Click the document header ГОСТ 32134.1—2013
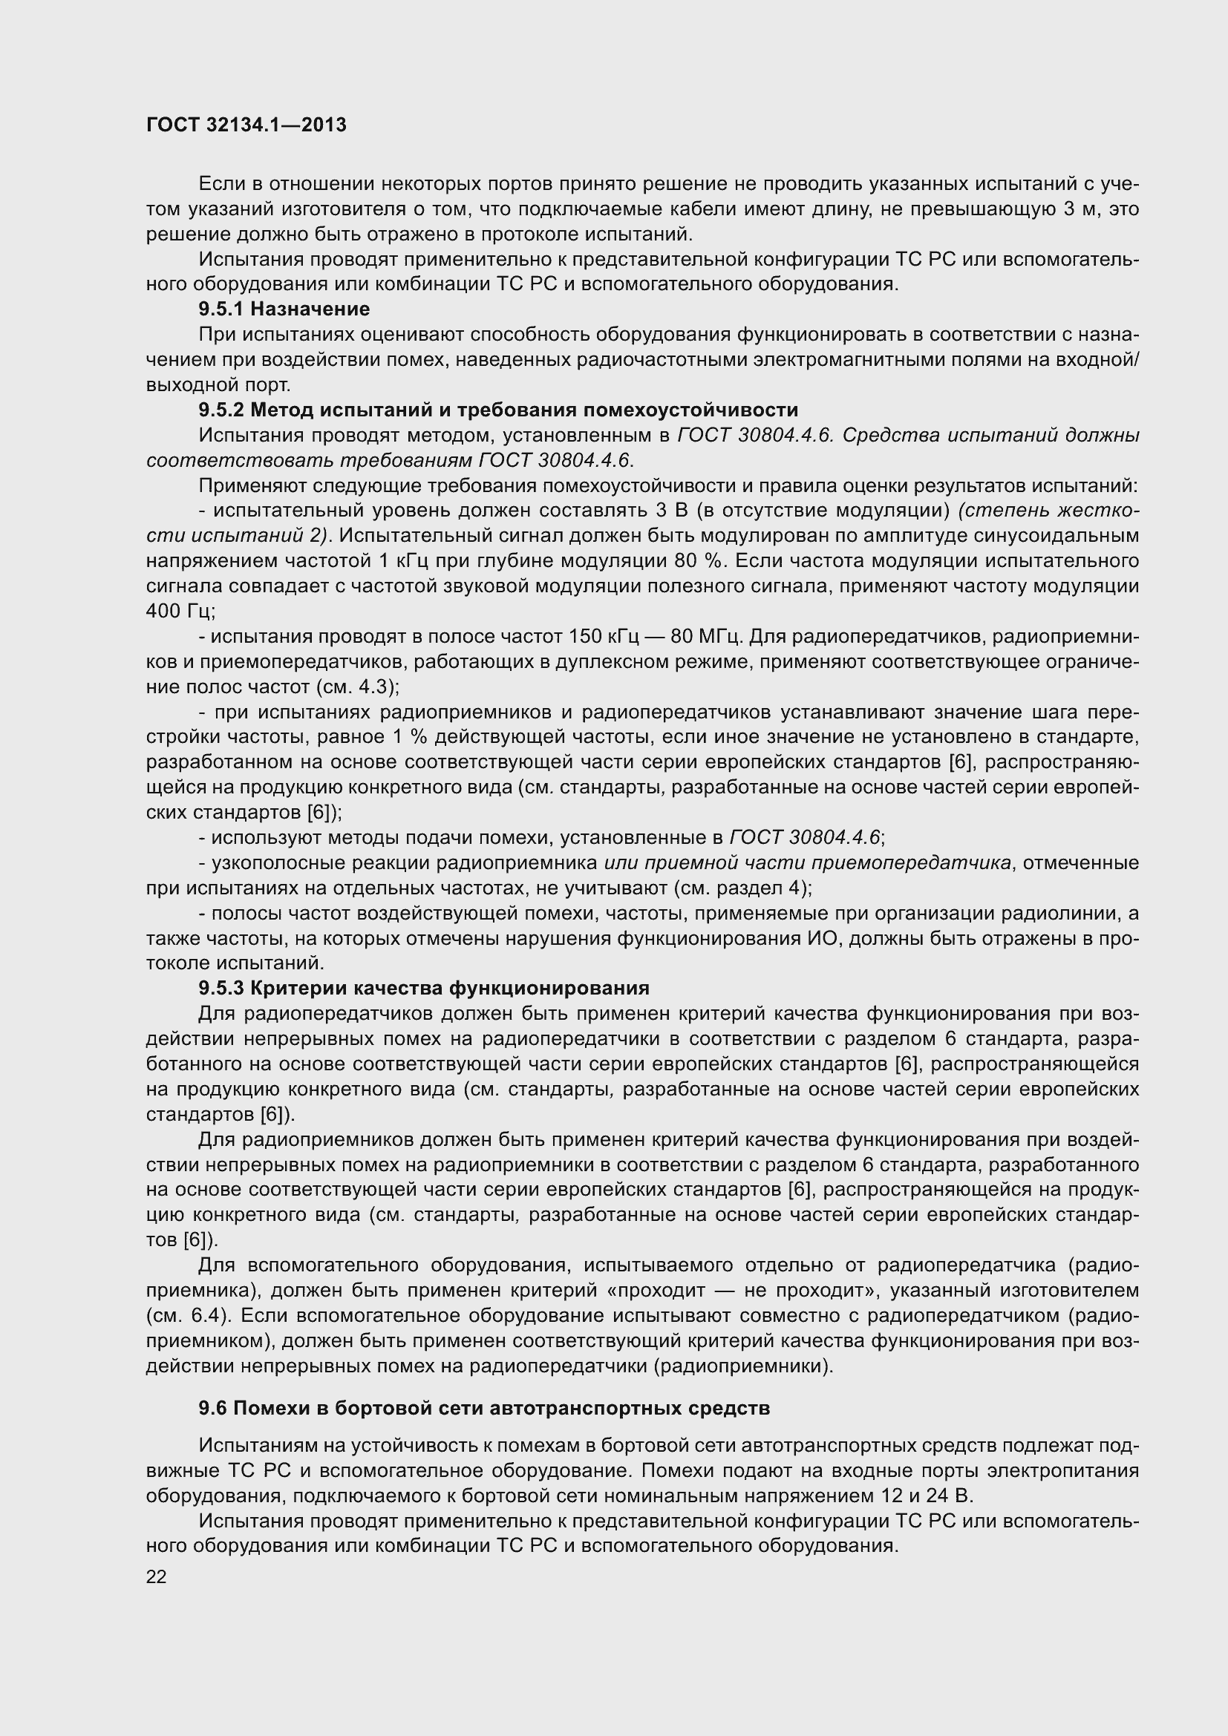246,125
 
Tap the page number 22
157,1576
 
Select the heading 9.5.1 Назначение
284,309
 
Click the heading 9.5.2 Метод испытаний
498,410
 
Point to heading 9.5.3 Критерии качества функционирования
424,987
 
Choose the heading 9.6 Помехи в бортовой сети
484,1408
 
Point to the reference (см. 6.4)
188,1315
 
